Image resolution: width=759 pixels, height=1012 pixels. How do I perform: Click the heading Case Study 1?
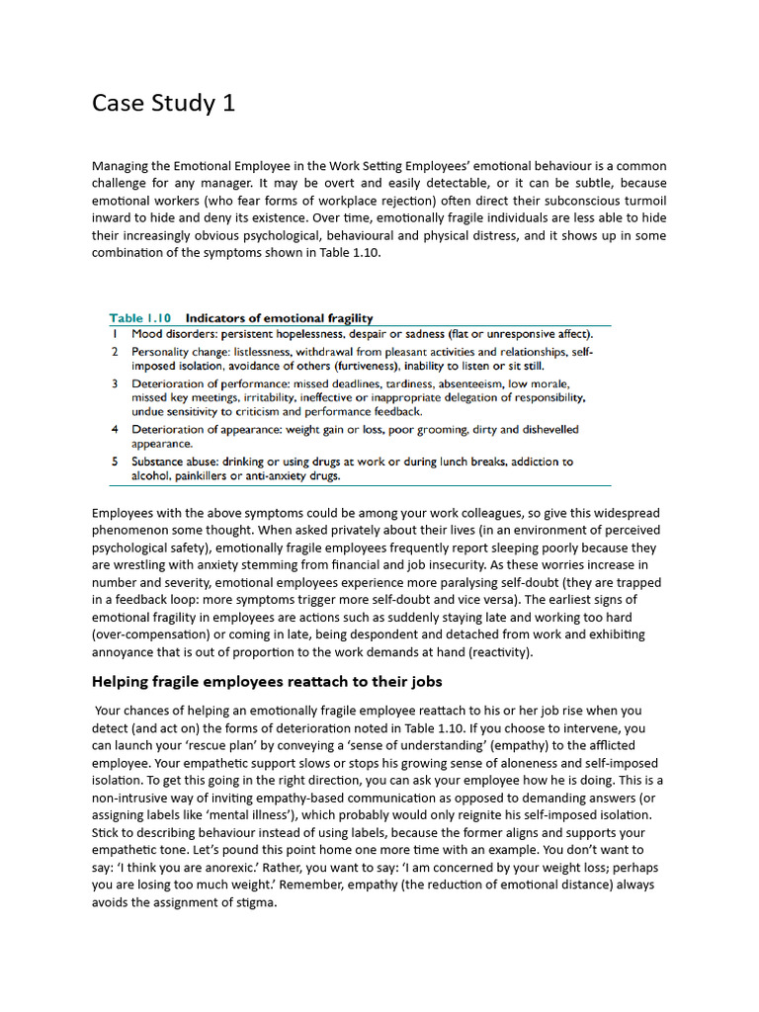tap(163, 103)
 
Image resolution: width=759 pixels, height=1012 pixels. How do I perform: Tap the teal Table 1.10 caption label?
tap(139, 318)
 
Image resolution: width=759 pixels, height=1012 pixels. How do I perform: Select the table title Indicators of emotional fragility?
tap(280, 318)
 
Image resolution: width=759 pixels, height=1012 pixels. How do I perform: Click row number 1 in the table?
tap(116, 335)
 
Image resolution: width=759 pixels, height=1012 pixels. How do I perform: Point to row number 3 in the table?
tap(116, 382)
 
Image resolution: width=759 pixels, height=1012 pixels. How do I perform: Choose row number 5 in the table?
tap(116, 462)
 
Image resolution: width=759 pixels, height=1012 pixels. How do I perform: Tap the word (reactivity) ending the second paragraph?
tap(506, 652)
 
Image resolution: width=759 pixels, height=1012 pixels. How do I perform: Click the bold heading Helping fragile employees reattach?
tap(267, 682)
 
